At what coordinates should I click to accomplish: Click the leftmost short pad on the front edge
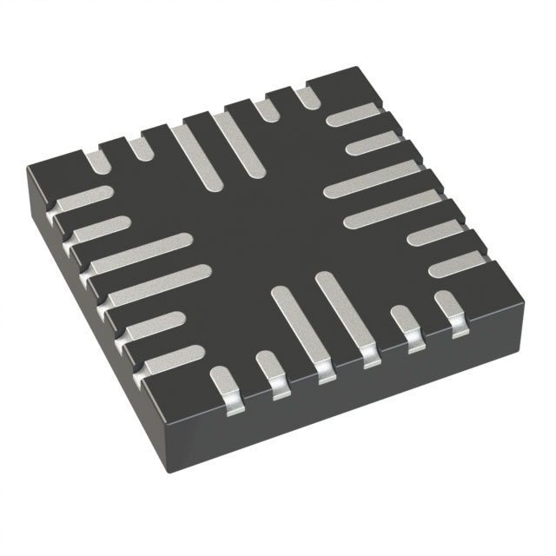[223, 382]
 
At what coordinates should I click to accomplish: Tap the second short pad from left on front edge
[271, 374]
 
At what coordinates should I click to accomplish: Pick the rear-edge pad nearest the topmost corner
[308, 97]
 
